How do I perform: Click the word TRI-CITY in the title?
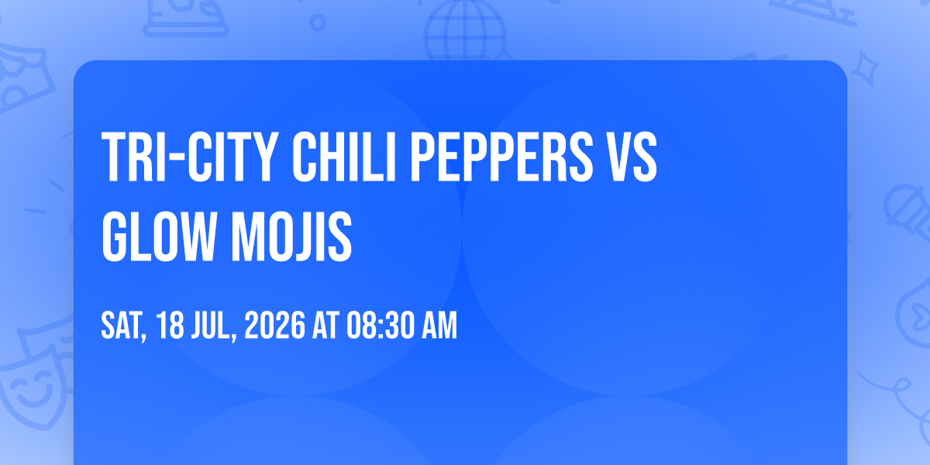[190, 157]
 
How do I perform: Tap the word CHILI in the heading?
[344, 157]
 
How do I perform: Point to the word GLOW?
[160, 236]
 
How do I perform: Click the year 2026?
[275, 325]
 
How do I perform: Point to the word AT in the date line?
[326, 325]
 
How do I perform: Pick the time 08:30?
[381, 325]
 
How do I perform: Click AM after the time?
[439, 325]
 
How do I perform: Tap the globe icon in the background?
[465, 31]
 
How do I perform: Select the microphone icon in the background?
[908, 212]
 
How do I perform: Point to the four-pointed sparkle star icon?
[864, 68]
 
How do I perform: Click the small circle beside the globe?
[318, 22]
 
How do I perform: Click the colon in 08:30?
[381, 327]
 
